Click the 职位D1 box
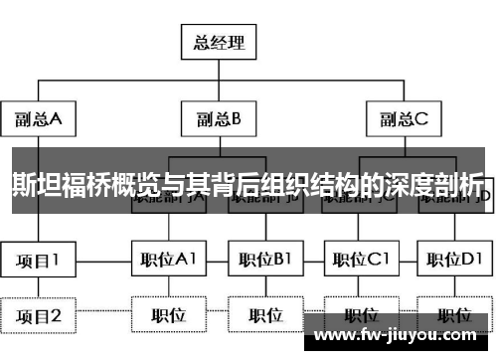point(454,261)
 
